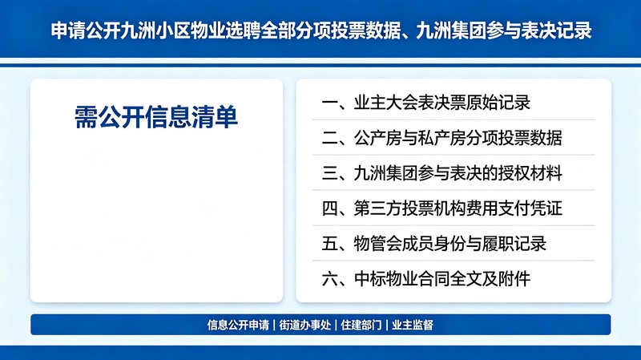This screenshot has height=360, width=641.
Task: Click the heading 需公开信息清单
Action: coord(156,117)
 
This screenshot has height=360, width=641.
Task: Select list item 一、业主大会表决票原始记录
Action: coord(426,103)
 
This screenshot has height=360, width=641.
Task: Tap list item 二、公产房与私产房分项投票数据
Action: coord(442,138)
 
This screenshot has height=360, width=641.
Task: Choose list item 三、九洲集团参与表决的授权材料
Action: coord(442,173)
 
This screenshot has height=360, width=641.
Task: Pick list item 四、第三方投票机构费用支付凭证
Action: coord(442,208)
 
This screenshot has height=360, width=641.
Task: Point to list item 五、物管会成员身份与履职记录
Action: coord(433,244)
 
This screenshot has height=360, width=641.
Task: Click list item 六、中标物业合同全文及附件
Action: coord(426,278)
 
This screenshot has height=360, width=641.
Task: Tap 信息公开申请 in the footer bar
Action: coord(238,325)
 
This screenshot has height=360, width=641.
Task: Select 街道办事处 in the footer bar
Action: coord(305,325)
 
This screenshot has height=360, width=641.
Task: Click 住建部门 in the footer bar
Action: coord(361,325)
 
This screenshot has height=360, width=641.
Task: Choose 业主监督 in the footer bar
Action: coord(413,325)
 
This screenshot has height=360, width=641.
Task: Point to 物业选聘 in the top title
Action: coord(224,30)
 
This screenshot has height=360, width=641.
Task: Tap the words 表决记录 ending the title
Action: coord(557,30)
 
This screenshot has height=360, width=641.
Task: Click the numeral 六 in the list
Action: coord(329,279)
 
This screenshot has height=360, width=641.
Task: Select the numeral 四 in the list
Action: coord(329,208)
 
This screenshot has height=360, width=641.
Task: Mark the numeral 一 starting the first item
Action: coord(329,103)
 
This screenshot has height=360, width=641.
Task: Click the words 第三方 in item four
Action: coord(377,208)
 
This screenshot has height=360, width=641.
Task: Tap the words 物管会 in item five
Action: coord(377,244)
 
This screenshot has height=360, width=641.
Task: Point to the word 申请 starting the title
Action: coord(68,30)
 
